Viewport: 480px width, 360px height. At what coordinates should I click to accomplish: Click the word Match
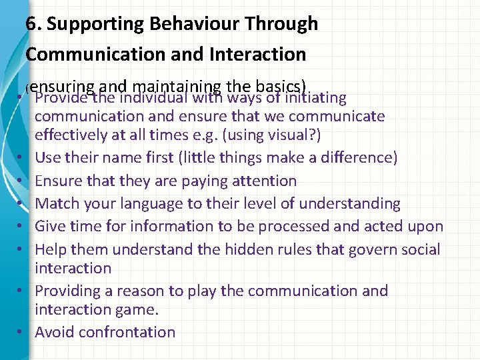tap(57, 203)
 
